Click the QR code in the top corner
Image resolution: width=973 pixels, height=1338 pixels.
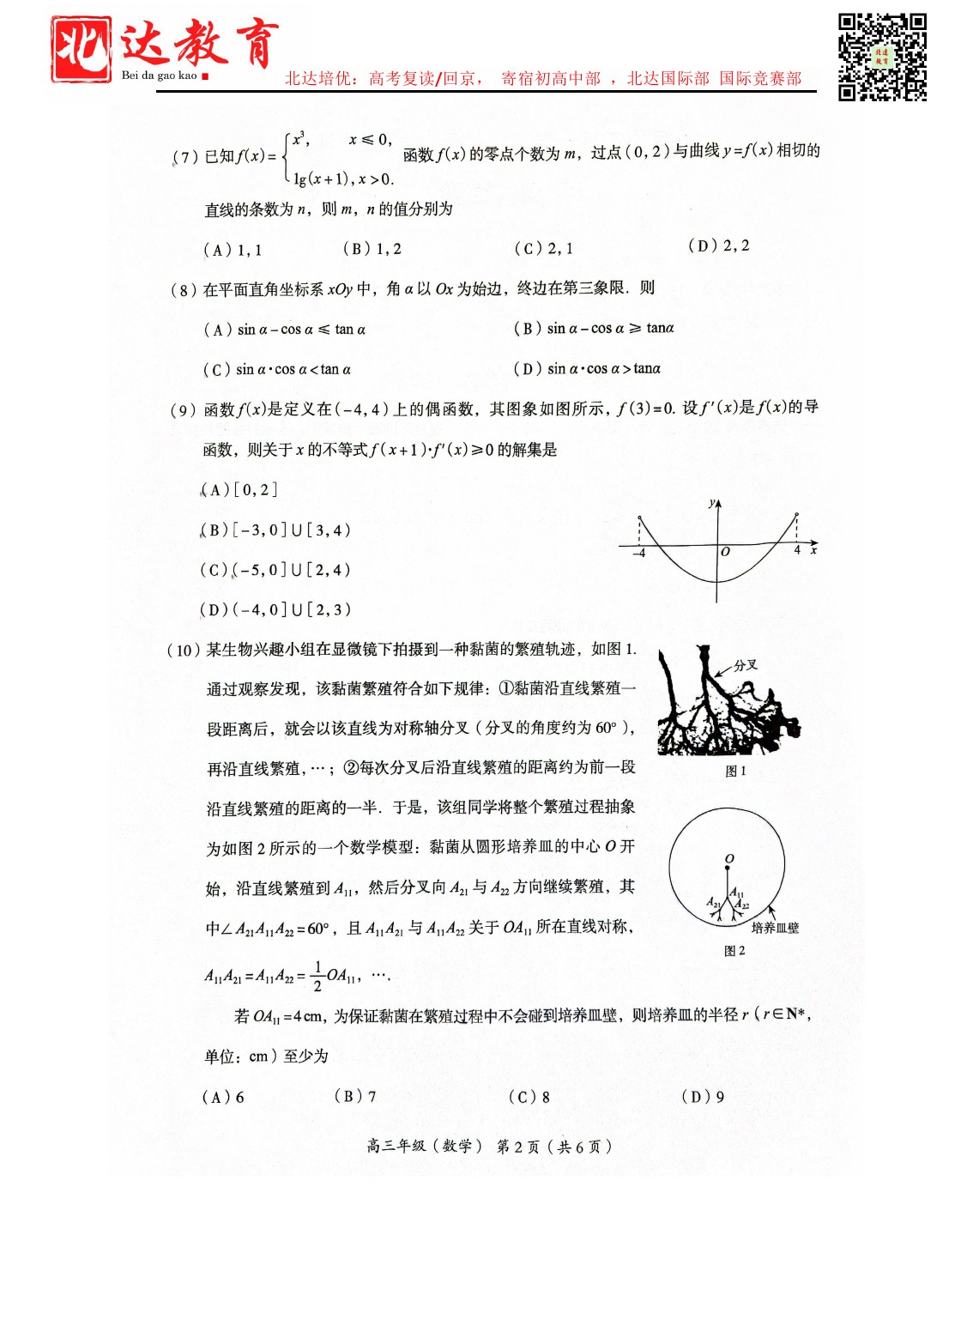point(882,57)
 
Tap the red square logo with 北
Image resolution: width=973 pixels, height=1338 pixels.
point(81,50)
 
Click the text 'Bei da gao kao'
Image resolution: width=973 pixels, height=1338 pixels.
point(160,76)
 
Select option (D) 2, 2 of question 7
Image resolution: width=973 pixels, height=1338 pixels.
point(718,246)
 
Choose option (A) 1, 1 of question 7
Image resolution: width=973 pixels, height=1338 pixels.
point(233,250)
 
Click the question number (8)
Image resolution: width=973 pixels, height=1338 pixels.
point(184,290)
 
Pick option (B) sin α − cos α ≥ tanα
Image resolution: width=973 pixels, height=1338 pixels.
point(594,329)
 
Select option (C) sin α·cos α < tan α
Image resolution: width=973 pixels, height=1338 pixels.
point(277,370)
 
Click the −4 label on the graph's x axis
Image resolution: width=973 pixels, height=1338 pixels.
point(638,554)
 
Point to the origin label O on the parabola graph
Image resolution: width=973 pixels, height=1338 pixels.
point(725,552)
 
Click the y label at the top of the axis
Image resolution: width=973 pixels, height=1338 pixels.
point(711,503)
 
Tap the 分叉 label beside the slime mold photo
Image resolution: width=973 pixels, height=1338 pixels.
point(746,665)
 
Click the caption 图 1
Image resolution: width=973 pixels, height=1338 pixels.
point(735,771)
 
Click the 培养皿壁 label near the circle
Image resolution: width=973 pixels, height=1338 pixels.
point(774,928)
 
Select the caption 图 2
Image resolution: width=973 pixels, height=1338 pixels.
point(734,951)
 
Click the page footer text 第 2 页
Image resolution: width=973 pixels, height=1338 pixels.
point(518,1147)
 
